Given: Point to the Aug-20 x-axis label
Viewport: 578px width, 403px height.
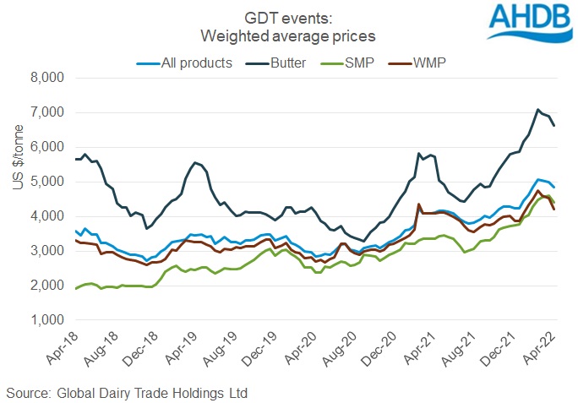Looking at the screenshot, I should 345,348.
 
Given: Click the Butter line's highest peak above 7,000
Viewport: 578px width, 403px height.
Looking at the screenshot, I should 537,109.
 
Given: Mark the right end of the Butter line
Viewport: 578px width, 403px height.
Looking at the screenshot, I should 554,125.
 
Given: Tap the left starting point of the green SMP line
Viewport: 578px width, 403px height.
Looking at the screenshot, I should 77,289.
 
